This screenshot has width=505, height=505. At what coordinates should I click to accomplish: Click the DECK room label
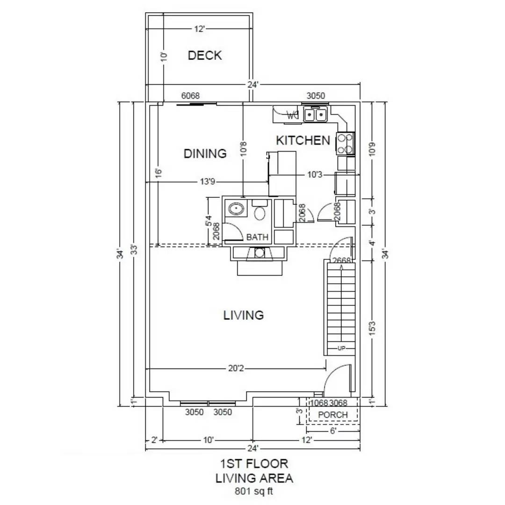[x=205, y=56]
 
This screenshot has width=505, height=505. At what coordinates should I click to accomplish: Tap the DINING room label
[x=205, y=153]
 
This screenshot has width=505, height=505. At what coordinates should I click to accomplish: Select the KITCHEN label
[x=303, y=140]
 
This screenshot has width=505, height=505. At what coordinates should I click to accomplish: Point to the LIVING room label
[x=243, y=315]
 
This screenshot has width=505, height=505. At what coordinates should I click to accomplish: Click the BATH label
[x=257, y=237]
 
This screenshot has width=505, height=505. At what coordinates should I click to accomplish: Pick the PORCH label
[x=332, y=415]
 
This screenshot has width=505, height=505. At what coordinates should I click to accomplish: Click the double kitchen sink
[x=316, y=114]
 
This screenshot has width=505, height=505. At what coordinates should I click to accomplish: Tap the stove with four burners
[x=346, y=144]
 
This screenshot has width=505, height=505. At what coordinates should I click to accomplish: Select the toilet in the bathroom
[x=260, y=212]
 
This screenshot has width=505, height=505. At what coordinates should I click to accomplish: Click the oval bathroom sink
[x=235, y=209]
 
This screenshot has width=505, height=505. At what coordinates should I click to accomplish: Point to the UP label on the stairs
[x=341, y=348]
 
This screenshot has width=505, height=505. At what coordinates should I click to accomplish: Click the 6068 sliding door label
[x=190, y=96]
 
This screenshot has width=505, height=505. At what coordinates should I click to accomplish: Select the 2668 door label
[x=341, y=260]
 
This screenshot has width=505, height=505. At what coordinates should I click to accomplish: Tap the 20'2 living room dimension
[x=236, y=368]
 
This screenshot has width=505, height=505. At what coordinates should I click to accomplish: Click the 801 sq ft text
[x=254, y=491]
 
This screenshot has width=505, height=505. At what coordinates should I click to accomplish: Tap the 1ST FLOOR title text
[x=254, y=464]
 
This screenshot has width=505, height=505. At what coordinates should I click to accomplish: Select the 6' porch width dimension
[x=333, y=431]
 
